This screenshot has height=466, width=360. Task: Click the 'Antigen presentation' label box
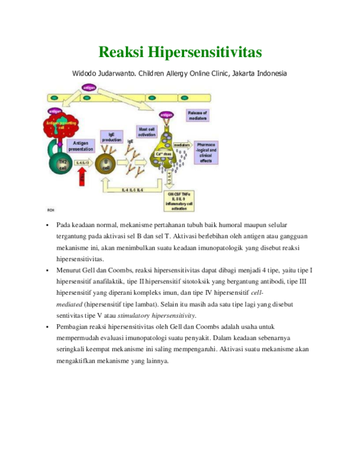tap(80, 146)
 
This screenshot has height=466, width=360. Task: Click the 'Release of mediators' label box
tap(197, 115)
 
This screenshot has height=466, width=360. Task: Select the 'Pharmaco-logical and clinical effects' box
tap(206, 153)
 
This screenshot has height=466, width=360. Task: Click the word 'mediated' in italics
tap(70, 304)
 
